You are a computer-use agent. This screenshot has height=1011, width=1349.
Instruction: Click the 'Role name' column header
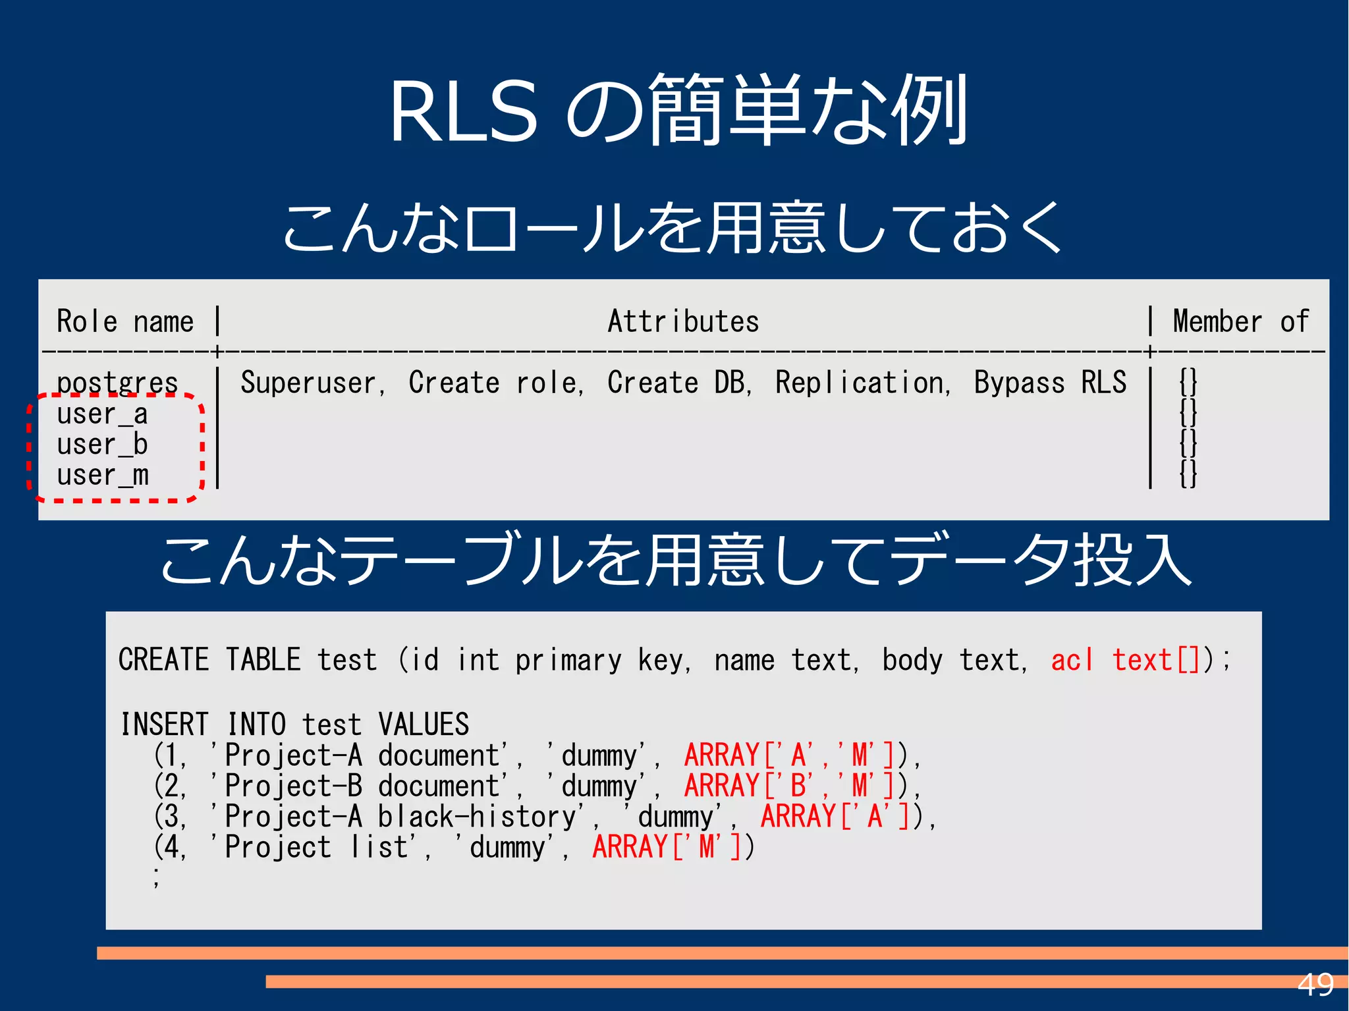(125, 322)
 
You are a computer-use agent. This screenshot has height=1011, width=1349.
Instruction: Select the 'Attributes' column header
(683, 322)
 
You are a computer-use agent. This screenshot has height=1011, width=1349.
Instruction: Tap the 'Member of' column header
(1240, 322)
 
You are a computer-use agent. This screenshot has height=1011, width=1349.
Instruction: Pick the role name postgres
(117, 383)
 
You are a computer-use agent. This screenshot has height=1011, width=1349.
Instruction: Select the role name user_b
(102, 445)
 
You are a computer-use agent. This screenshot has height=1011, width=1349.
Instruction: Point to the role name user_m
(103, 476)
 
